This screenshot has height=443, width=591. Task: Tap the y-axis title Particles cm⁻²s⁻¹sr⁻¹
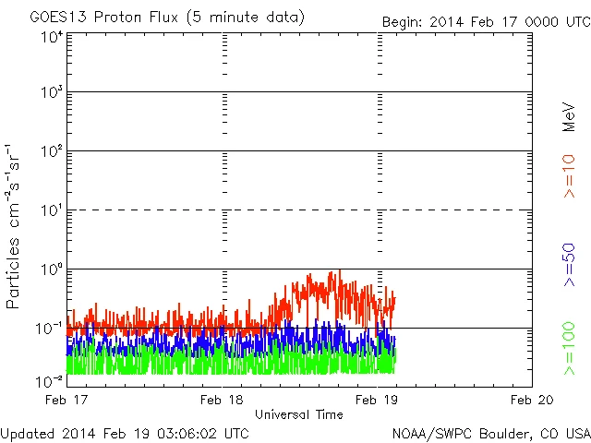click(x=14, y=226)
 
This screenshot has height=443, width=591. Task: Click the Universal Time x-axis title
click(x=298, y=414)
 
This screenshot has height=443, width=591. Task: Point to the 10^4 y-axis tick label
click(x=50, y=37)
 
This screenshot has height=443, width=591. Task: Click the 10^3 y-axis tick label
click(x=50, y=92)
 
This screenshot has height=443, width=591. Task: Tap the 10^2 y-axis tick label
click(x=50, y=151)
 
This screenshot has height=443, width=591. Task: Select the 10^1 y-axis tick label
click(x=50, y=210)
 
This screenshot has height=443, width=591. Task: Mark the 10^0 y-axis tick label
click(x=50, y=269)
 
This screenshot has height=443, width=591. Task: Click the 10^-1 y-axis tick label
click(x=50, y=329)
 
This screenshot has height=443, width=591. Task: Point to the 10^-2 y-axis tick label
click(x=50, y=381)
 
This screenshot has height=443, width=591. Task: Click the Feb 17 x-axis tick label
click(x=67, y=401)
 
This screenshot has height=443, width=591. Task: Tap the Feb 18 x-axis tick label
click(x=223, y=401)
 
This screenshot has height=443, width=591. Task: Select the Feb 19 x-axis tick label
click(x=378, y=401)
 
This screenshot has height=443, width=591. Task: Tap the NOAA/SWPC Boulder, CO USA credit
click(x=489, y=432)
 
